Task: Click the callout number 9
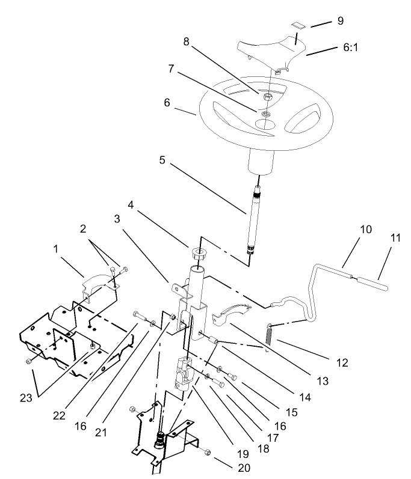click(340, 20)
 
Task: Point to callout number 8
click(187, 43)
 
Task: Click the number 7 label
click(172, 69)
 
